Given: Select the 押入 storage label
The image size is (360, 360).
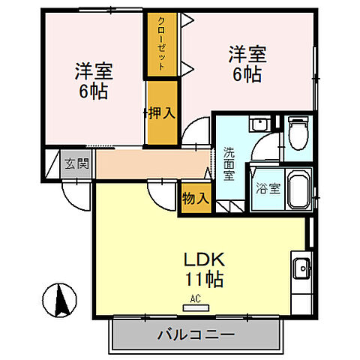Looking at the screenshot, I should [160, 113].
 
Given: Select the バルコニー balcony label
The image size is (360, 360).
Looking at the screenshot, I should [196, 334].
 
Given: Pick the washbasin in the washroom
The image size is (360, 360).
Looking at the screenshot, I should [259, 124].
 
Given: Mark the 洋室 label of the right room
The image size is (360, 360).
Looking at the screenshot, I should [247, 55].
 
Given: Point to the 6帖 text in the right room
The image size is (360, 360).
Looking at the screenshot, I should [247, 76].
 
